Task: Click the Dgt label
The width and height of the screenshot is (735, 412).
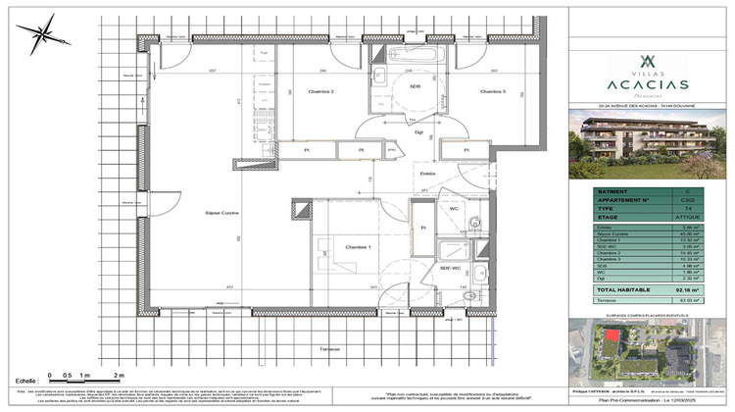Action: (418, 130)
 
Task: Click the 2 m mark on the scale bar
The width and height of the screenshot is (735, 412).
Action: (118, 377)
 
